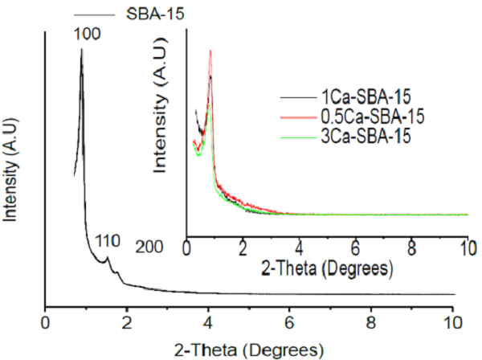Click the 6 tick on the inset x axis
point(355,247)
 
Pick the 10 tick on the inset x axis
point(468,247)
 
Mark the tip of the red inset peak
point(210,51)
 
